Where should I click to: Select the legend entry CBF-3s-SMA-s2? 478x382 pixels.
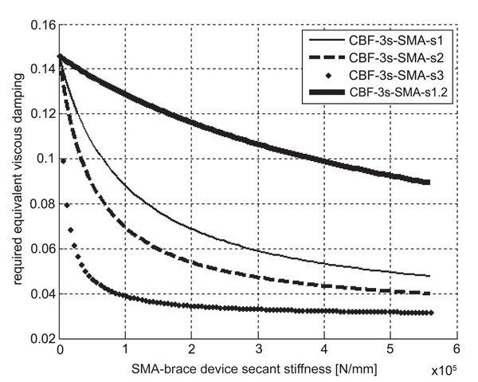(390, 57)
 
